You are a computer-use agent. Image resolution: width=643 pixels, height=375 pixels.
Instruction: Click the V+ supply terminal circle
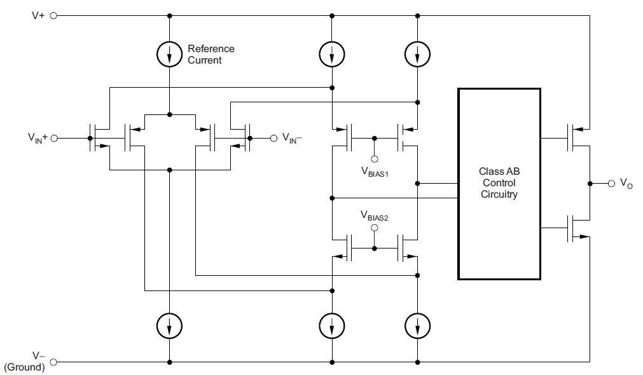coord(53,16)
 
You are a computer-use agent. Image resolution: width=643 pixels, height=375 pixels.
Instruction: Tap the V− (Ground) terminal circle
coord(53,362)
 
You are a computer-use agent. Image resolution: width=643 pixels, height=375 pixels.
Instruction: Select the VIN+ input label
coord(38,138)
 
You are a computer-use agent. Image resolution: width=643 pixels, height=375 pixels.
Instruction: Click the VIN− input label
coord(292,138)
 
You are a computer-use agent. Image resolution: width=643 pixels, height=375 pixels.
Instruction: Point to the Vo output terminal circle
coord(611,183)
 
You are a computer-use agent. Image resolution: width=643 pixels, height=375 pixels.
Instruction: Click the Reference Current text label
coord(211,54)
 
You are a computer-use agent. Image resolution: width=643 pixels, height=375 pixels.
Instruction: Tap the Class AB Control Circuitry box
coord(499,184)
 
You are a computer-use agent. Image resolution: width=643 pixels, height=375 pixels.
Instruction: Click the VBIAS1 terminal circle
coord(374,159)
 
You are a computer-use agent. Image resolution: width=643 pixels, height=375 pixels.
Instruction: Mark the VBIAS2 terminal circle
coord(374,228)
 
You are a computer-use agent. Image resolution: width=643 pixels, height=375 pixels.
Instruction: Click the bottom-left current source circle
coord(169,327)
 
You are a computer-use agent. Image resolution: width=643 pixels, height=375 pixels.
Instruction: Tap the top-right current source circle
coord(417,55)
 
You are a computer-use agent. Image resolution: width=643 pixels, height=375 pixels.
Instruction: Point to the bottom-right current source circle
coord(417,327)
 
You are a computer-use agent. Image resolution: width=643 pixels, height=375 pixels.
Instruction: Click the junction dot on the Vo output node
coord(590,183)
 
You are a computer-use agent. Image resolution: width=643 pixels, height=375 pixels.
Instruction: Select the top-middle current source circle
coord(331,55)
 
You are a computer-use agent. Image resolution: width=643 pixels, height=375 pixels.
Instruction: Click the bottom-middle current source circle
coord(331,327)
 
